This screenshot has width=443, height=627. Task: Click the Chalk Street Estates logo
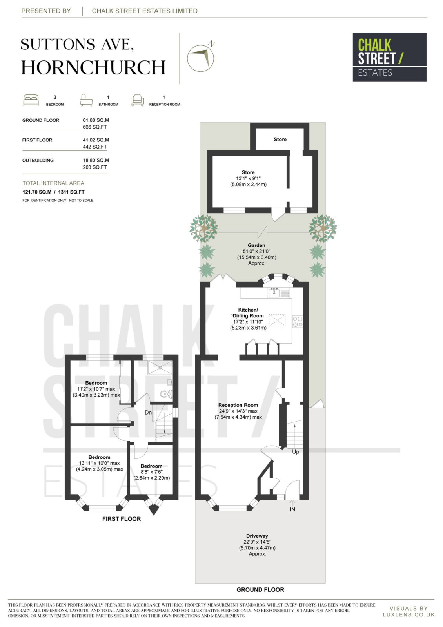(x=389, y=57)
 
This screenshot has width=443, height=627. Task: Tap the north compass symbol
(x=201, y=57)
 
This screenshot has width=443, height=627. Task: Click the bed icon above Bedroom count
(x=31, y=100)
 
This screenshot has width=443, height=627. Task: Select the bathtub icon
(x=86, y=100)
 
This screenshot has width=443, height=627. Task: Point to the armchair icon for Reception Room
(x=137, y=100)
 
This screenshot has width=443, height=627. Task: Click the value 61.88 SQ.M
(x=96, y=120)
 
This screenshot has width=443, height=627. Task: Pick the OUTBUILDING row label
(x=38, y=160)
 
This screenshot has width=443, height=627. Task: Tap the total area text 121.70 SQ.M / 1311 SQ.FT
(x=53, y=192)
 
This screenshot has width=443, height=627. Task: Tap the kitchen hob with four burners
(x=298, y=322)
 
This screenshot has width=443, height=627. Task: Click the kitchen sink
(x=274, y=292)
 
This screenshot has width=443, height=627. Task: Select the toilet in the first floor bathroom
(x=167, y=394)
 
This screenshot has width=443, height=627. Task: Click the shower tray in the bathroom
(x=160, y=368)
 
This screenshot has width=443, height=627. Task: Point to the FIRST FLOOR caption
(x=122, y=519)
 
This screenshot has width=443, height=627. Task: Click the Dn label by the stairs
(x=148, y=413)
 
